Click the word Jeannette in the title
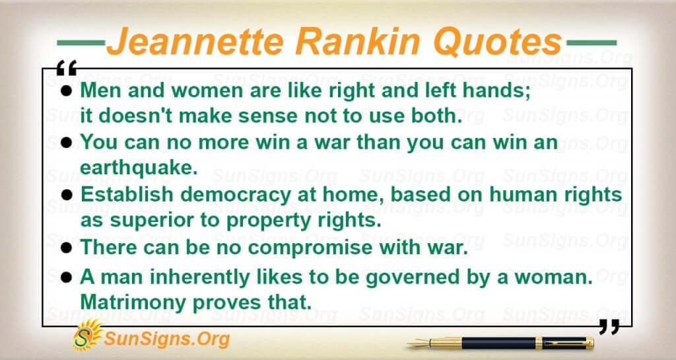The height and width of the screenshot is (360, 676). tap(195, 42)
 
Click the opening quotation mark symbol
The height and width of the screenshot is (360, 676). tap(67, 68)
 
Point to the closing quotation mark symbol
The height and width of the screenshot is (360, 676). tap(609, 327)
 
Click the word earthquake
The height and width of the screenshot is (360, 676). tap(139, 168)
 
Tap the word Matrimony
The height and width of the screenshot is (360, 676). tap(133, 303)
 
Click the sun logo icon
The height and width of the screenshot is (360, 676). tap(88, 335)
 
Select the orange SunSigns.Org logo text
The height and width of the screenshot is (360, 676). tap(166, 339)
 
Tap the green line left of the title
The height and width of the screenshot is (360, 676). tap(81, 43)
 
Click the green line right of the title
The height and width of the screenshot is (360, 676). tap(591, 43)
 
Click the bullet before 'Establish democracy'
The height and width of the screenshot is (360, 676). tap(67, 196)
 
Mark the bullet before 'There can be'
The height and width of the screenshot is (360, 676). tap(67, 248)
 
